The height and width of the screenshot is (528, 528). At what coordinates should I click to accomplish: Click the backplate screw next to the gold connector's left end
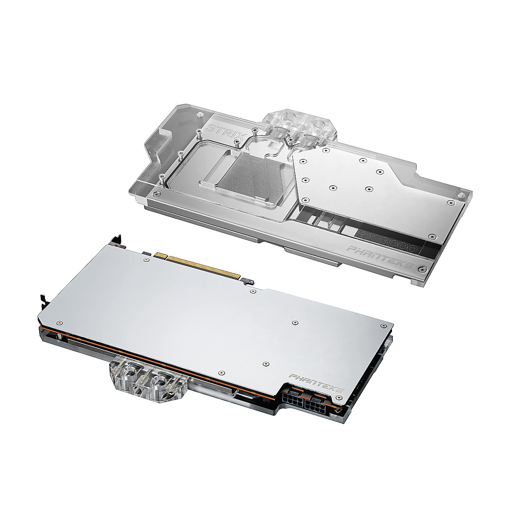(x=146, y=260)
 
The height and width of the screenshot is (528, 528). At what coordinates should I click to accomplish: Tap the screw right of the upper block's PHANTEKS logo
(x=422, y=268)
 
